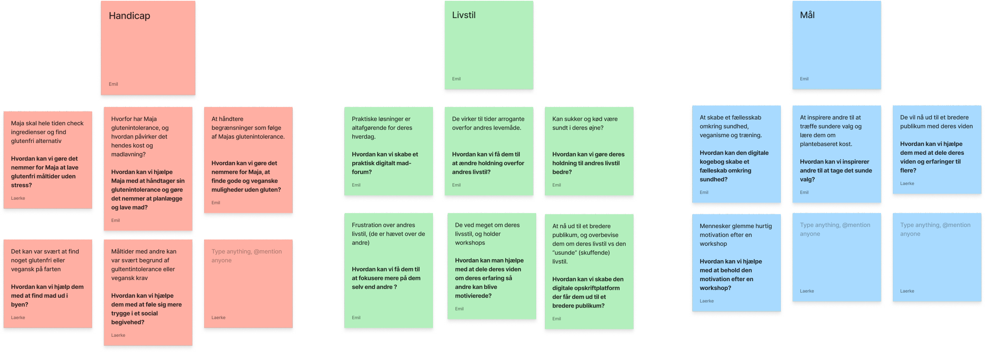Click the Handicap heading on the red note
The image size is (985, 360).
[129, 16]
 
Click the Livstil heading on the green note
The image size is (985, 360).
[464, 15]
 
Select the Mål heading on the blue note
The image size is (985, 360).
[807, 15]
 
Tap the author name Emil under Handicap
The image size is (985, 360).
[113, 84]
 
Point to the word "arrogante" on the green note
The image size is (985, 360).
[510, 119]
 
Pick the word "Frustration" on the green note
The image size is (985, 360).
[367, 225]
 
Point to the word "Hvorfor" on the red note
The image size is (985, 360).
[122, 119]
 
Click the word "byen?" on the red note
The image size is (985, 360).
[19, 305]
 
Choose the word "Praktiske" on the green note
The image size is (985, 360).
[365, 119]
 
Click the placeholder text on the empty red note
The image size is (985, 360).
[246, 256]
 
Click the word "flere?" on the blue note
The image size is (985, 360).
[908, 171]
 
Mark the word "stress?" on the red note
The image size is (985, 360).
[21, 186]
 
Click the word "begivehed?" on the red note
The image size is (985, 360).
[128, 323]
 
